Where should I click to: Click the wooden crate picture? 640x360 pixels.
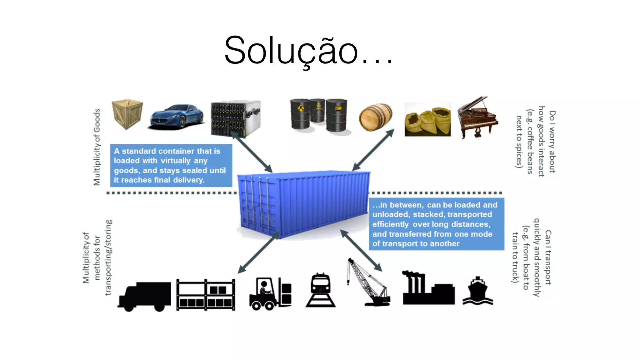(127, 114)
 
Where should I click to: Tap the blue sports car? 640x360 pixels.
(177, 117)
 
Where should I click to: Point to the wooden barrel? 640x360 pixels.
(375, 117)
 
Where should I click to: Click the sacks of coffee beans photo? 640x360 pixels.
(427, 119)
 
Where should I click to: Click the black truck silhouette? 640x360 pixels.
(145, 296)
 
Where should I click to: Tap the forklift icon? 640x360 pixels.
(270, 293)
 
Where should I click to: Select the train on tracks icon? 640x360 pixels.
(321, 290)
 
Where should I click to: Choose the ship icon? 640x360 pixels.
(477, 291)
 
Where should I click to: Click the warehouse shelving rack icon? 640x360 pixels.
(206, 295)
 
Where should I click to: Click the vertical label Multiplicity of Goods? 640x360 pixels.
(97, 147)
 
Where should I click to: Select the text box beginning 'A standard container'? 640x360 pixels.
(171, 166)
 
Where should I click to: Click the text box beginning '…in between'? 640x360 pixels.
(436, 224)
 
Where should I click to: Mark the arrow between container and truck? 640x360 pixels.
(258, 253)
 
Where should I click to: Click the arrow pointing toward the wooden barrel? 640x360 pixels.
(373, 150)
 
